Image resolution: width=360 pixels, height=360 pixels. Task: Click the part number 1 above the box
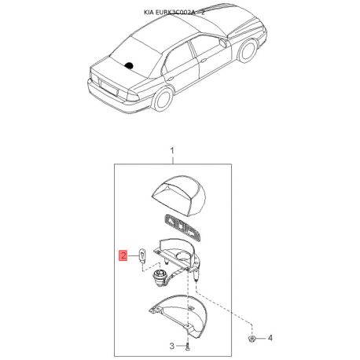pyautogui.click(x=171, y=149)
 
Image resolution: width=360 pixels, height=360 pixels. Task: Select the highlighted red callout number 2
pyautogui.click(x=122, y=255)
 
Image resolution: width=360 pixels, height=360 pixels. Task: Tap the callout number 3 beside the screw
pyautogui.click(x=171, y=347)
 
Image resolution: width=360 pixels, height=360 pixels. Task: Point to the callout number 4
pyautogui.click(x=270, y=338)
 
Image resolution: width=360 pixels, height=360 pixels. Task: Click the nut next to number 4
pyautogui.click(x=250, y=338)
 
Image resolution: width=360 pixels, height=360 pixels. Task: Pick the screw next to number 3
pyautogui.click(x=189, y=347)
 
